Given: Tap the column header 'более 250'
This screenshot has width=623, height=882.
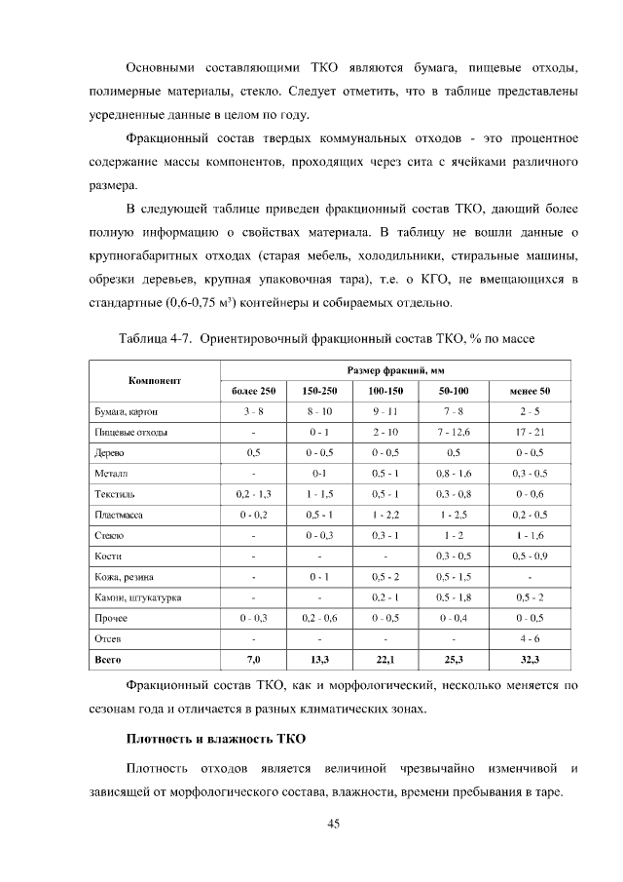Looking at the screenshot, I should (253, 391).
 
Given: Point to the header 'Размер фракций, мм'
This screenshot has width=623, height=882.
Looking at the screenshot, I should (395, 370).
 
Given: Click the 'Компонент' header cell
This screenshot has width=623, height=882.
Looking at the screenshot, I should (156, 380).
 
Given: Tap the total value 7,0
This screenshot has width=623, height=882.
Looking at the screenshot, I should (253, 661).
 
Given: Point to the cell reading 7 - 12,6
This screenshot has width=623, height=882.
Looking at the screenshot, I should (454, 432).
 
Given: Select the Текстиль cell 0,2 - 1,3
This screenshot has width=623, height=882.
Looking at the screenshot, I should (253, 494).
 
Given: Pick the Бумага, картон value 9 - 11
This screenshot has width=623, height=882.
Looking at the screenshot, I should (385, 411).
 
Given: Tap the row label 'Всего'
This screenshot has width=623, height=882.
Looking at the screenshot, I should (106, 661).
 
